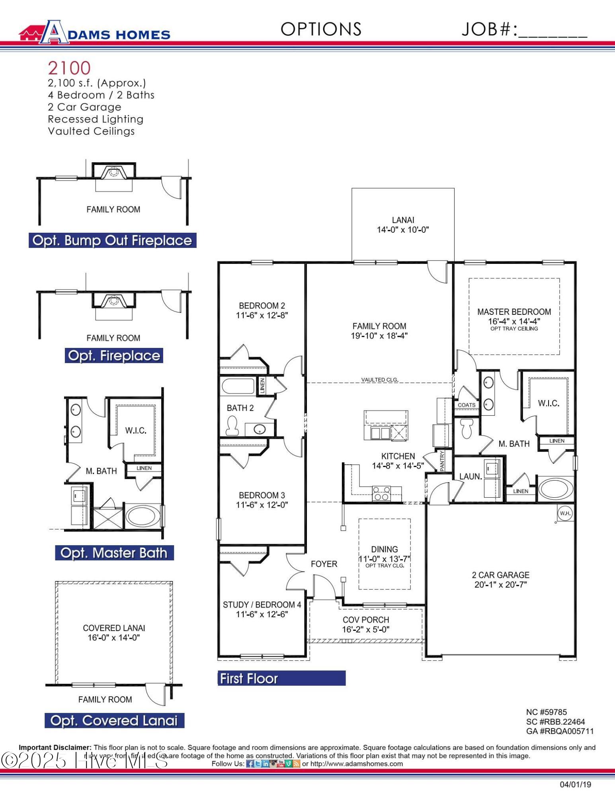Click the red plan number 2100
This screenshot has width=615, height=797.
coord(69,68)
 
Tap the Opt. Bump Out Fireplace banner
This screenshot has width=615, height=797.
coord(112,240)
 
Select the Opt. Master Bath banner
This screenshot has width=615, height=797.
coord(114,553)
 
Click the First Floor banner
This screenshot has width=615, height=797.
coord(281,678)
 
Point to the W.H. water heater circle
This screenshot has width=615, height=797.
coord(565,513)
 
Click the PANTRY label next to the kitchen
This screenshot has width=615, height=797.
coord(442,461)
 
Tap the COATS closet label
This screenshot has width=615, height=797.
coord(466,405)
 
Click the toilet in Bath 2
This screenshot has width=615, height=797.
coord(232,426)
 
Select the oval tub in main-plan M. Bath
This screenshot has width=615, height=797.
coord(556,489)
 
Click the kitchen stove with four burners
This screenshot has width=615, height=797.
coord(381,494)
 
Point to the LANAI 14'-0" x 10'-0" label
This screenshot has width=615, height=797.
coord(403,225)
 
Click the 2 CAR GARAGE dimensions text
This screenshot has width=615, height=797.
coord(500,585)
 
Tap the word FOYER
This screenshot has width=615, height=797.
coord(324,564)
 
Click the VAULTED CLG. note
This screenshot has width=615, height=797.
coord(379,380)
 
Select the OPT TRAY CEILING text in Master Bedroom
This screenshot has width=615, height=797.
coord(514,329)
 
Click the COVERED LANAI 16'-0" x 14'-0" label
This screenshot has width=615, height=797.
coord(114,633)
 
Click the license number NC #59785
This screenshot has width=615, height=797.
coord(546,712)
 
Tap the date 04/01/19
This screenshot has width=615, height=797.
coord(575,785)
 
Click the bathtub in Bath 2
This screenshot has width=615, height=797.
coord(238,386)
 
